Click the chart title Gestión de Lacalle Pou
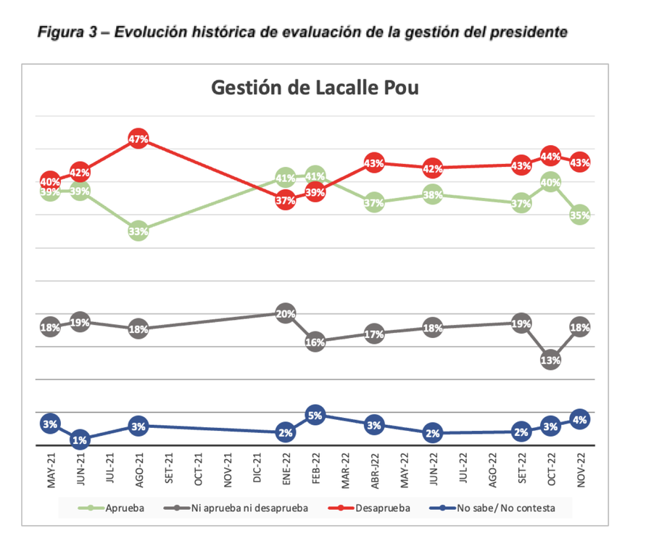pos(315,88)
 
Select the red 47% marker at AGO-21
pos(138,139)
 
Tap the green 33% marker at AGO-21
pos(138,231)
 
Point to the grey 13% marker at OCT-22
pos(550,360)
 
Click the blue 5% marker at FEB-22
pos(315,416)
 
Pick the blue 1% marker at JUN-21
pos(80,440)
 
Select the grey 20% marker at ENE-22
pos(285,314)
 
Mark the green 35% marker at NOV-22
pos(579,215)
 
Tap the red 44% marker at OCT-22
pos(550,156)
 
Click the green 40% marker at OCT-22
pos(550,183)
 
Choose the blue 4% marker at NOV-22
pos(579,419)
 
